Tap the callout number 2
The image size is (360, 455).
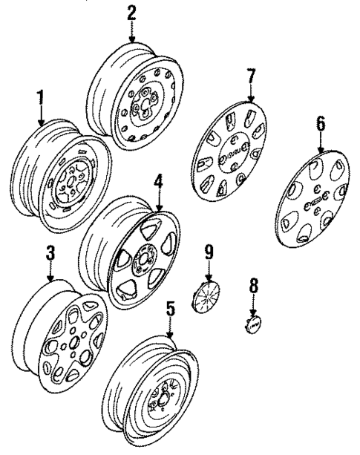click(x=131, y=12)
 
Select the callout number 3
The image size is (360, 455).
click(x=50, y=254)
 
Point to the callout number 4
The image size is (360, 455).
click(x=158, y=182)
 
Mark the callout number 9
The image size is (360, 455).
click(x=208, y=253)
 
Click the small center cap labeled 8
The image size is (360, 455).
click(x=253, y=325)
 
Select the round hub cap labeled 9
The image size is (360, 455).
click(x=204, y=298)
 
